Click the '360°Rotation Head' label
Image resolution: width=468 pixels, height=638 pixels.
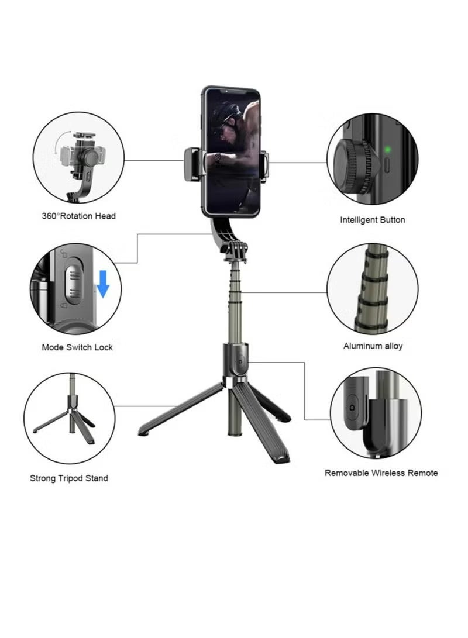tap(78, 216)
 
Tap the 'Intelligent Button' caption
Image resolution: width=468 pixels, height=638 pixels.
tap(372, 220)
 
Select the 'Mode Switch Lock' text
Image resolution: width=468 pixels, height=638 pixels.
tap(77, 347)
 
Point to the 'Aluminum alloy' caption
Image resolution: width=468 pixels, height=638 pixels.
tap(373, 346)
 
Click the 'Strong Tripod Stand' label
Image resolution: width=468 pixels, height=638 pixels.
tap(69, 478)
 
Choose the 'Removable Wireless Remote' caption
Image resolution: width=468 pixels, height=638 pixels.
tap(381, 473)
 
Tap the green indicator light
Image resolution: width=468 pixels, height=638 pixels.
tap(387, 150)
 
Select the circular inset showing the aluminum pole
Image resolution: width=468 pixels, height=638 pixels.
tap(372, 289)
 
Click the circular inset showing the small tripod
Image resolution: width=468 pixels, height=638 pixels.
tap(69, 419)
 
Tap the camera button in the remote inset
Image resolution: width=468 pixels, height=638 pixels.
tap(352, 405)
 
